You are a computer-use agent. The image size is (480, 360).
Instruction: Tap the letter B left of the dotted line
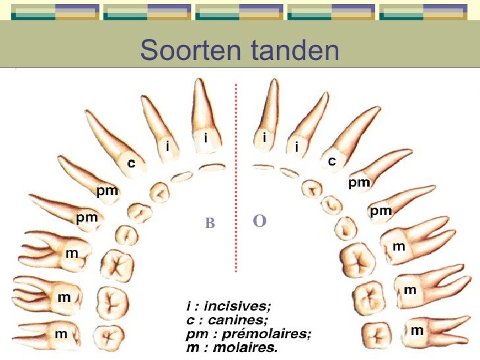pos(210,224)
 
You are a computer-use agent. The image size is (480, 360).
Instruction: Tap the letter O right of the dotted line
pos(259,221)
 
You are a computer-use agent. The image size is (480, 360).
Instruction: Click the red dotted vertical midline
pos(235,178)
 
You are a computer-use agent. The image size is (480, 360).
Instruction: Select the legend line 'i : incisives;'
pos(228,307)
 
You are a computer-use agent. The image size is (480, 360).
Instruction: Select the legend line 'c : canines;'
pos(227,320)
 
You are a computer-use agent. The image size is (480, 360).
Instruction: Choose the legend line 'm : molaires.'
pos(231,346)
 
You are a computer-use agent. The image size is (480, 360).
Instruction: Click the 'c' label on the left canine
pos(131,164)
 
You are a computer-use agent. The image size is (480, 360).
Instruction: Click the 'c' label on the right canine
pos(332,161)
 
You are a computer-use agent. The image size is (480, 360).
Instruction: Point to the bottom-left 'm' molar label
pos(61,334)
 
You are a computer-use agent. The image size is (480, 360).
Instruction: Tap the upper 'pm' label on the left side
pos(107,191)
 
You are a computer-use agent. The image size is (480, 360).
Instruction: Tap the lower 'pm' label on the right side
pos(380,211)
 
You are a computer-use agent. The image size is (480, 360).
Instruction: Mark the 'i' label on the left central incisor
pos(206,138)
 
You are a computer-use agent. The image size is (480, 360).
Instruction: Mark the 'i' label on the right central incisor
pos(264,138)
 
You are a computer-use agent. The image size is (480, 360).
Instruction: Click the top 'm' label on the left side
pos(71,253)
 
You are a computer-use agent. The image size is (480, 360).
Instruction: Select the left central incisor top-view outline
pos(211,167)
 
